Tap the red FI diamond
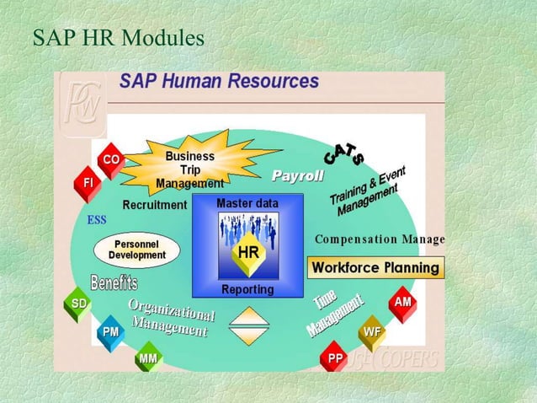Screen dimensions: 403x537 coord(88,182)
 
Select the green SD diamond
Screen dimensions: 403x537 coord(78,304)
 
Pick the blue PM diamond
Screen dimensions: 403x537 coord(110,332)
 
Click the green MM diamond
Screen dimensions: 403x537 coord(147,360)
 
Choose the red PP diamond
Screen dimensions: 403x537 coord(335,360)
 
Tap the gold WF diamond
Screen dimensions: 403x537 coord(371,332)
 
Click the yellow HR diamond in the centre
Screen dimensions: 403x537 coord(247,253)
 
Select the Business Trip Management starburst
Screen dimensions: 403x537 coord(189,169)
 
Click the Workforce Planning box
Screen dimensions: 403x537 coord(375,268)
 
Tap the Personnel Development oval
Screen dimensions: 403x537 coord(131,249)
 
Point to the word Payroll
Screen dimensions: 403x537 coord(297,175)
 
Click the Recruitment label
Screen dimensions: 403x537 coord(155,205)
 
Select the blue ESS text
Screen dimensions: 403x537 coord(97,221)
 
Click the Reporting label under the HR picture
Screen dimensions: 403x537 coord(247,289)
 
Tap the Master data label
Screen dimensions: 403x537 coord(247,203)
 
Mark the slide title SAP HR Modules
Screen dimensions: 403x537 coord(118,38)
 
